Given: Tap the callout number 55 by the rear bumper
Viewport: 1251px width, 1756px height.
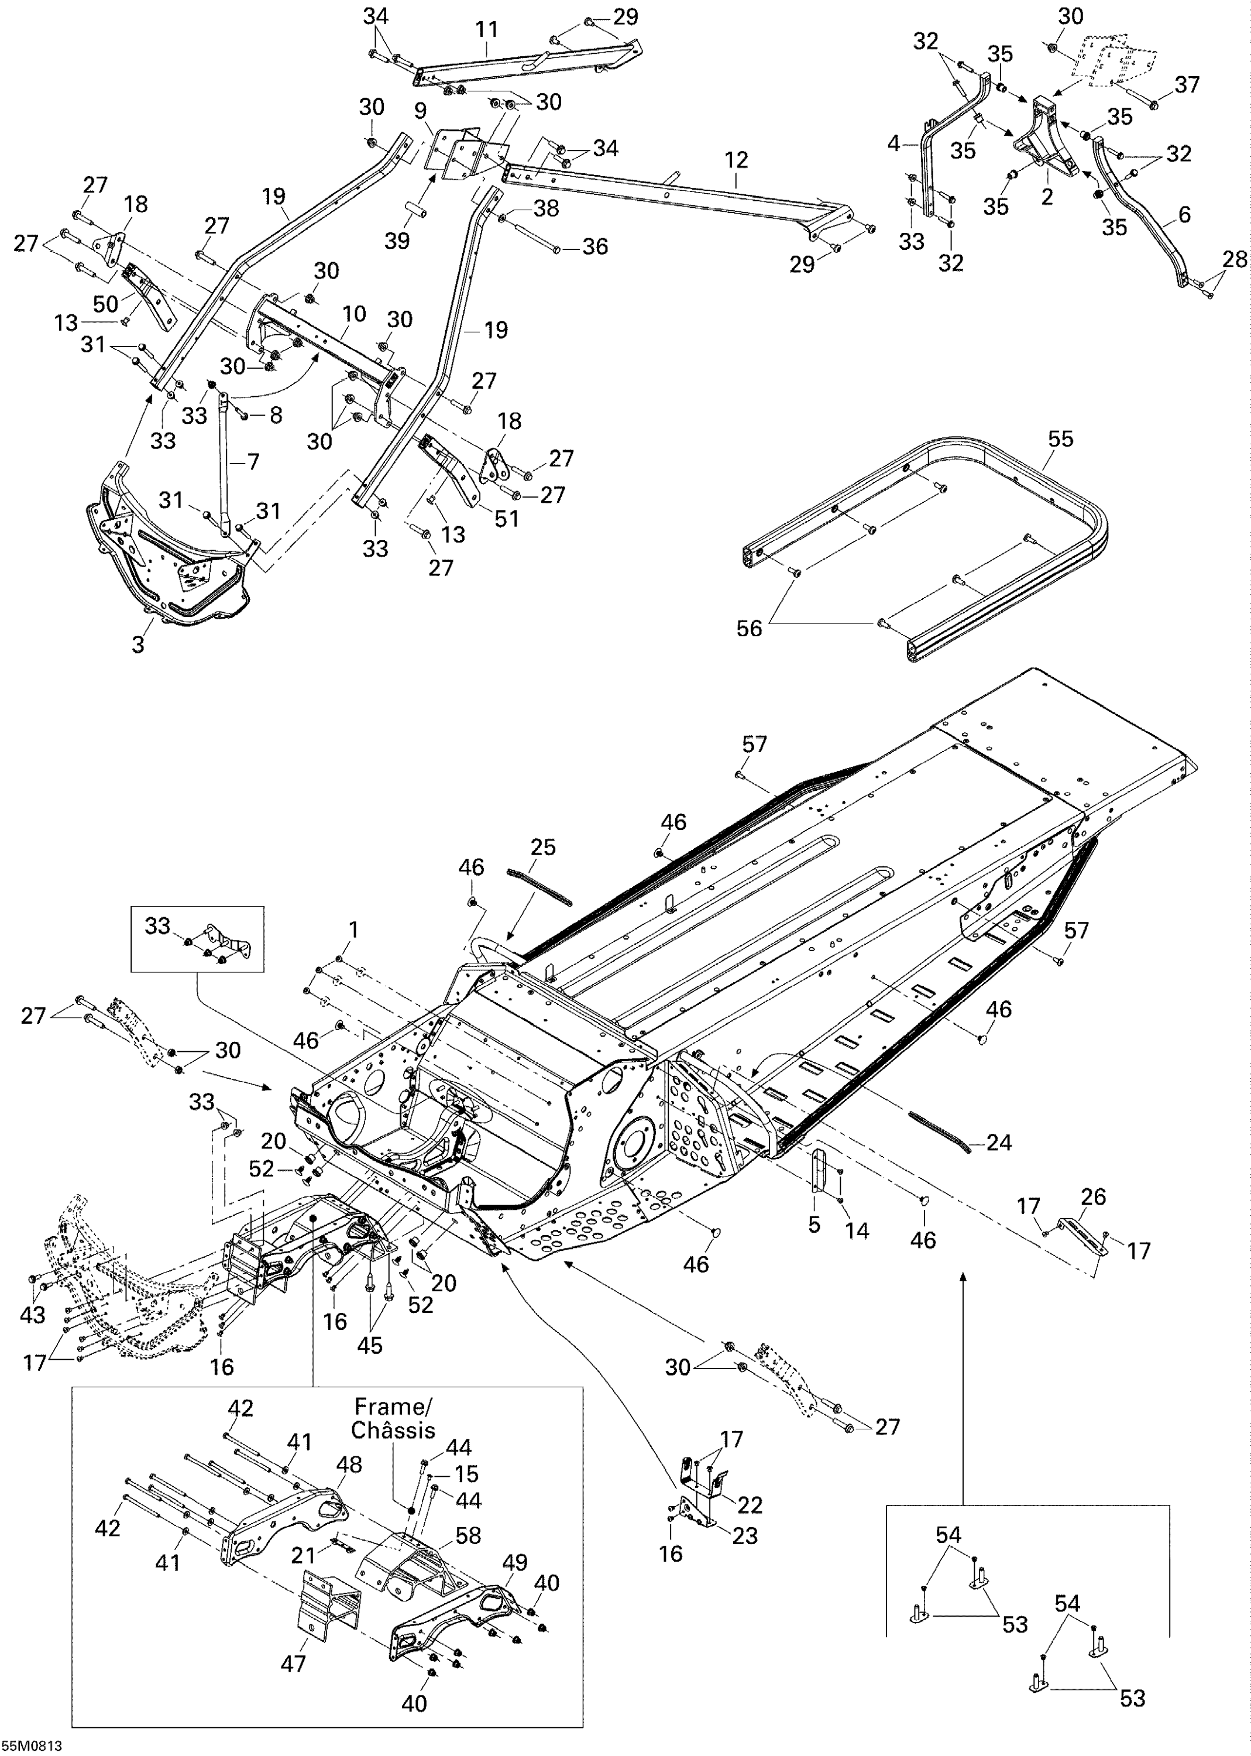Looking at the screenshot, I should click(x=1060, y=438).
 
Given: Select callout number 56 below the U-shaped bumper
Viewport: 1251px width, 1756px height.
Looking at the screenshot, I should click(x=749, y=628).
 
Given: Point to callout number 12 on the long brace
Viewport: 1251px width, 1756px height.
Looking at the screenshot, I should click(x=737, y=160).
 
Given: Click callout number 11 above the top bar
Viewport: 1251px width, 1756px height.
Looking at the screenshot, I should click(x=486, y=29).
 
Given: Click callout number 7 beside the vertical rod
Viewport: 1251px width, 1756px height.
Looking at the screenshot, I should click(x=253, y=462).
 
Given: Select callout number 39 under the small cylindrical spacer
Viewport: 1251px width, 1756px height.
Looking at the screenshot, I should click(x=397, y=241).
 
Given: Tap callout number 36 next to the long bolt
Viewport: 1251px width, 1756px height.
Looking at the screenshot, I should click(x=594, y=246).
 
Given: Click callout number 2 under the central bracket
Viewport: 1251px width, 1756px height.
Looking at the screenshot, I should click(x=1046, y=197).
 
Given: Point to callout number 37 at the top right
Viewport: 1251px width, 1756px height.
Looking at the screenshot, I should click(x=1187, y=84).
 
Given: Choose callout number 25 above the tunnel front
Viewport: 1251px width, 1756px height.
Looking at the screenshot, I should click(x=543, y=847).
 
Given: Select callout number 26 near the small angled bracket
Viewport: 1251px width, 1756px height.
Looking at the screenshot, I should click(x=1093, y=1196).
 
